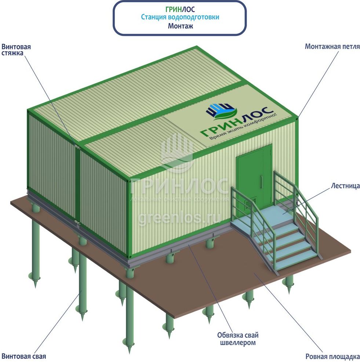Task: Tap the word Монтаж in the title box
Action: (x=180, y=26)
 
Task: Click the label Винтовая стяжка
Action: (x=16, y=50)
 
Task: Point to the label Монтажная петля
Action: (x=332, y=47)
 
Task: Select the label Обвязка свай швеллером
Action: (x=237, y=339)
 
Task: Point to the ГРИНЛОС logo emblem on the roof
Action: (x=220, y=110)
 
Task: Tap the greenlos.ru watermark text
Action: (x=180, y=218)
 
